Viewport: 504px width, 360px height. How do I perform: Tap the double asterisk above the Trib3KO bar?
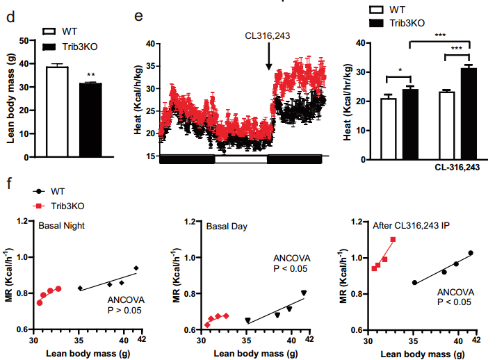(90, 75)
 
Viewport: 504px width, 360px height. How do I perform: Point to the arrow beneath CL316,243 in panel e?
(268, 63)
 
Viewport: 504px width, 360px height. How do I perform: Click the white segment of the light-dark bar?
(241, 159)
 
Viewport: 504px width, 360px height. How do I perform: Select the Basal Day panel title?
(226, 227)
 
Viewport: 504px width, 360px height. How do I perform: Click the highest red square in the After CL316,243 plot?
(393, 240)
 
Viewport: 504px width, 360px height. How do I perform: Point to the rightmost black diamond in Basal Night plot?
(136, 268)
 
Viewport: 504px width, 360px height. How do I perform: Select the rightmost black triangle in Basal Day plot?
(303, 293)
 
